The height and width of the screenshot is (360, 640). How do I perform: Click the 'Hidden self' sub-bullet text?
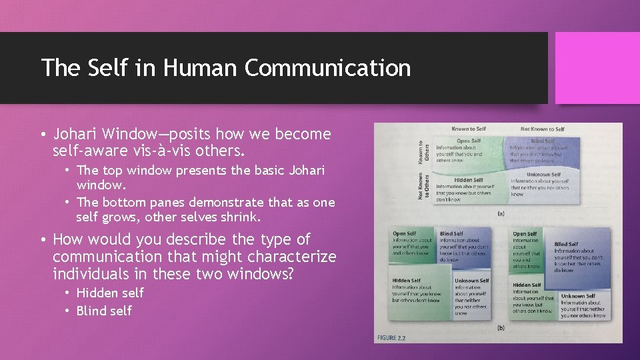click(x=110, y=293)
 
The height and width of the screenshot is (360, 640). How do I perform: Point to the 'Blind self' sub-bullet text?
click(x=104, y=311)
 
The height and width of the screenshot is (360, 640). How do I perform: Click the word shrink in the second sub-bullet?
click(x=248, y=217)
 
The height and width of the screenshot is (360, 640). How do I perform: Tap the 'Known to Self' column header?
click(x=469, y=129)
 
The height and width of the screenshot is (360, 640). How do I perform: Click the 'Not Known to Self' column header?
click(x=542, y=129)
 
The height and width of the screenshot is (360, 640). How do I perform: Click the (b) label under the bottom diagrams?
click(x=500, y=327)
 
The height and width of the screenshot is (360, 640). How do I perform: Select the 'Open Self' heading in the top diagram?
click(x=468, y=141)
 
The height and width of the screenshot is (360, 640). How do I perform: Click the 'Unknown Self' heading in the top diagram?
click(x=543, y=175)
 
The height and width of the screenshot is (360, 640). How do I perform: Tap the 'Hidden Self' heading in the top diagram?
click(x=469, y=180)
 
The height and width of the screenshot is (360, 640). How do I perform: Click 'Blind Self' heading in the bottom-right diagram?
click(x=566, y=244)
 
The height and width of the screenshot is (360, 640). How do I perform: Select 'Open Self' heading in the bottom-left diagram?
click(x=404, y=234)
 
